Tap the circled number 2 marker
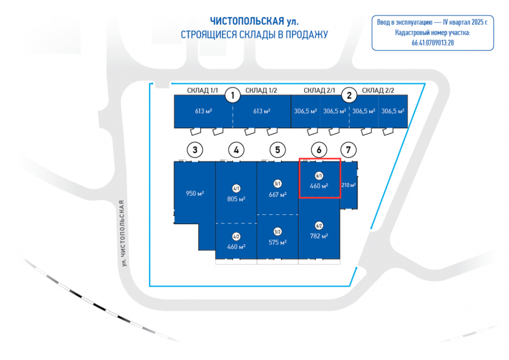click(349, 94)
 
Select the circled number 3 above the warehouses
click(195, 149)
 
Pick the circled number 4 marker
click(237, 149)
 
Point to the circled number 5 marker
click(277, 149)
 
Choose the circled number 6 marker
click(319, 149)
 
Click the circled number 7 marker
click(348, 149)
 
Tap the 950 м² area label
click(195, 193)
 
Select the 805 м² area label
click(236, 198)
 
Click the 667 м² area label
click(277, 194)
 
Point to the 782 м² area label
click(319, 236)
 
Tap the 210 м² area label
click(348, 185)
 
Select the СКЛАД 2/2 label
click(378, 90)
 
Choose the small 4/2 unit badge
click(236, 237)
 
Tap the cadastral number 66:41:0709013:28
click(432, 43)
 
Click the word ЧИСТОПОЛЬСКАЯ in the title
click(247, 21)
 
